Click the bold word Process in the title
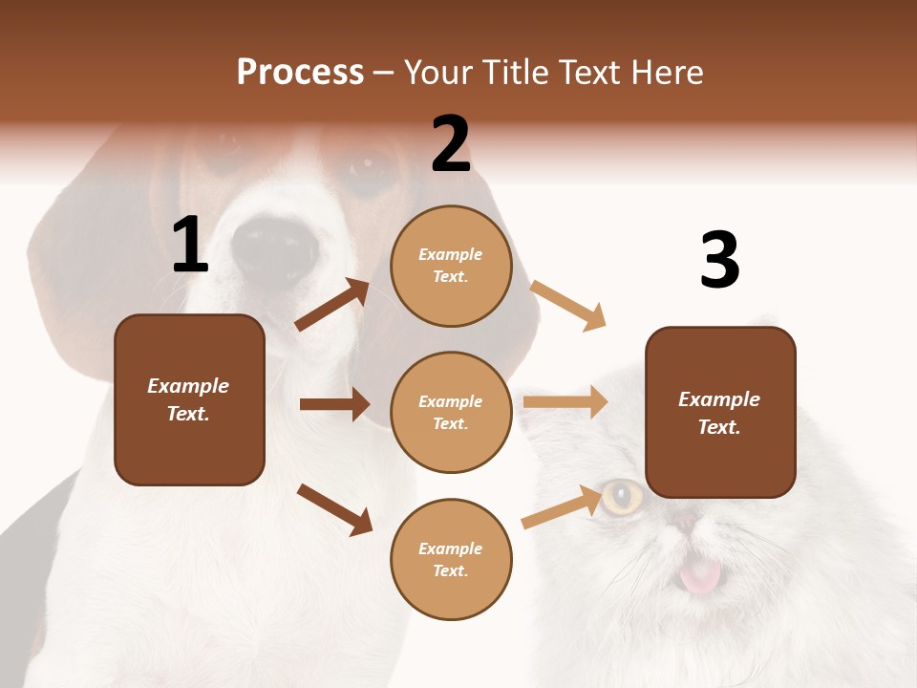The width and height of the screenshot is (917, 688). coord(300,73)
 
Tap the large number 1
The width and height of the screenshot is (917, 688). coord(190,246)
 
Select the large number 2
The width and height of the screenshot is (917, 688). coord(451,144)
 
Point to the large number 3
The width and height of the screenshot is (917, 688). coord(719,261)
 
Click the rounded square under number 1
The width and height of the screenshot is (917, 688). coord(189,399)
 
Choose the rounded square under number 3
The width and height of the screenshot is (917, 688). coord(720,412)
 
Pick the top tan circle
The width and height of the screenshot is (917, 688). coord(451,266)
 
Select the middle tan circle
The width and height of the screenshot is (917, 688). coord(451,412)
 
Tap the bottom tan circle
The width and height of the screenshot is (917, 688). coord(451,559)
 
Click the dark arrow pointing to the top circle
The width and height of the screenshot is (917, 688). coord(332,305)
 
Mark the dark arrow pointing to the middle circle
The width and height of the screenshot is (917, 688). coord(334,404)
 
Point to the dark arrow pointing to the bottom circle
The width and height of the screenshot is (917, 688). coord(334,508)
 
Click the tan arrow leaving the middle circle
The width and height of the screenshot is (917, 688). coord(565,402)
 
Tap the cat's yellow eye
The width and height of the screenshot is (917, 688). coord(622,496)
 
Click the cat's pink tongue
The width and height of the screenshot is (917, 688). coord(700,575)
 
